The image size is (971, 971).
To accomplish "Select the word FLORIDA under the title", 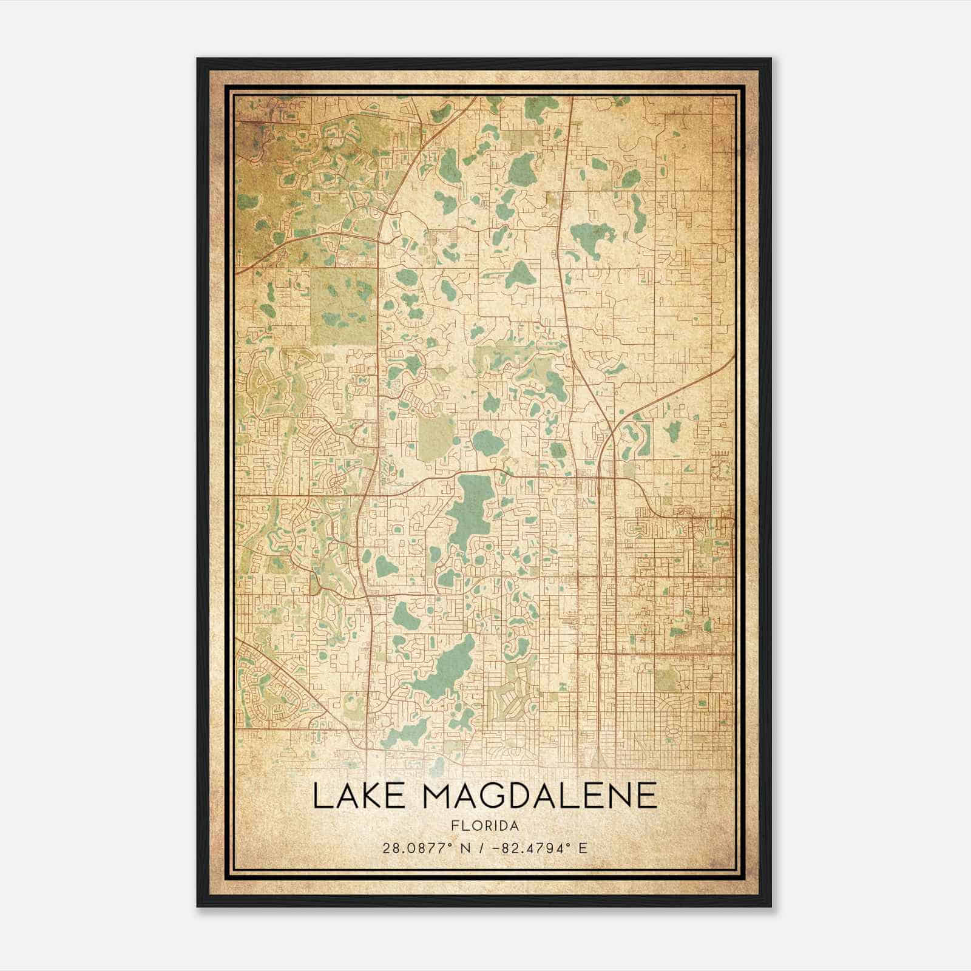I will click(x=485, y=826).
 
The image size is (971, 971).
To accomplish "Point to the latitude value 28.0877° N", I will click(x=421, y=848).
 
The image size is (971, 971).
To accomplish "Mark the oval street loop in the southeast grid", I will click(x=672, y=734).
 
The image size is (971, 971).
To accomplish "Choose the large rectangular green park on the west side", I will click(x=343, y=306).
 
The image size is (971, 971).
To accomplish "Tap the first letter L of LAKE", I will click(x=320, y=796).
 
